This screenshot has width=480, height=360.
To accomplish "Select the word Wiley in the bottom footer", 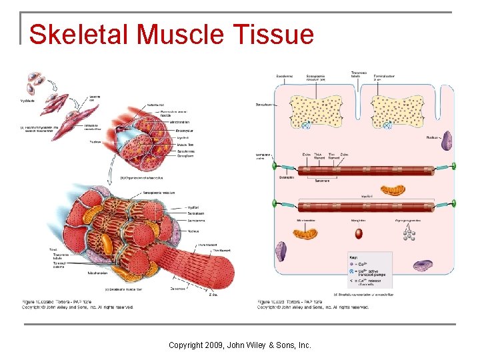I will [x=261, y=345].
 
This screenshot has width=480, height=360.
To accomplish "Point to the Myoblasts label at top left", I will [x=29, y=101].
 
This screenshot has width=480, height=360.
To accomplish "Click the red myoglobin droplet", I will [x=359, y=233].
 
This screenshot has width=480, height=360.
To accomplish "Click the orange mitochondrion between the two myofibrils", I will [x=393, y=189].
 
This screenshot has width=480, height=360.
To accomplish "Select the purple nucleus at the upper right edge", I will [x=447, y=141].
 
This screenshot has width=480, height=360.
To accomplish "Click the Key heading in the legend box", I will [x=353, y=257].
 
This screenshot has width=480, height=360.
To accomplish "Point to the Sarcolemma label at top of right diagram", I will [x=284, y=77].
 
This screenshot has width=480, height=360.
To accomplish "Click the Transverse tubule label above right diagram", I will [x=359, y=75].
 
